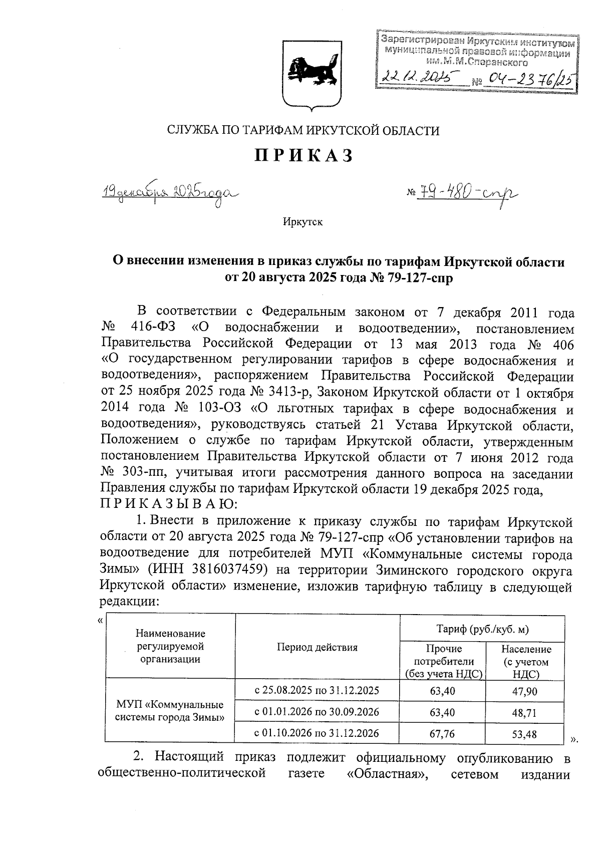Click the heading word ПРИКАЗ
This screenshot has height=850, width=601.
tap(304, 156)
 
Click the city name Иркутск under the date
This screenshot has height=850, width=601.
tap(303, 222)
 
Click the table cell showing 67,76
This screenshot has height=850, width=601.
tap(442, 734)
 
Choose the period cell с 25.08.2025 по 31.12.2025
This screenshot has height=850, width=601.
tap(317, 691)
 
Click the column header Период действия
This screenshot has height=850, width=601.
tap(317, 647)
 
